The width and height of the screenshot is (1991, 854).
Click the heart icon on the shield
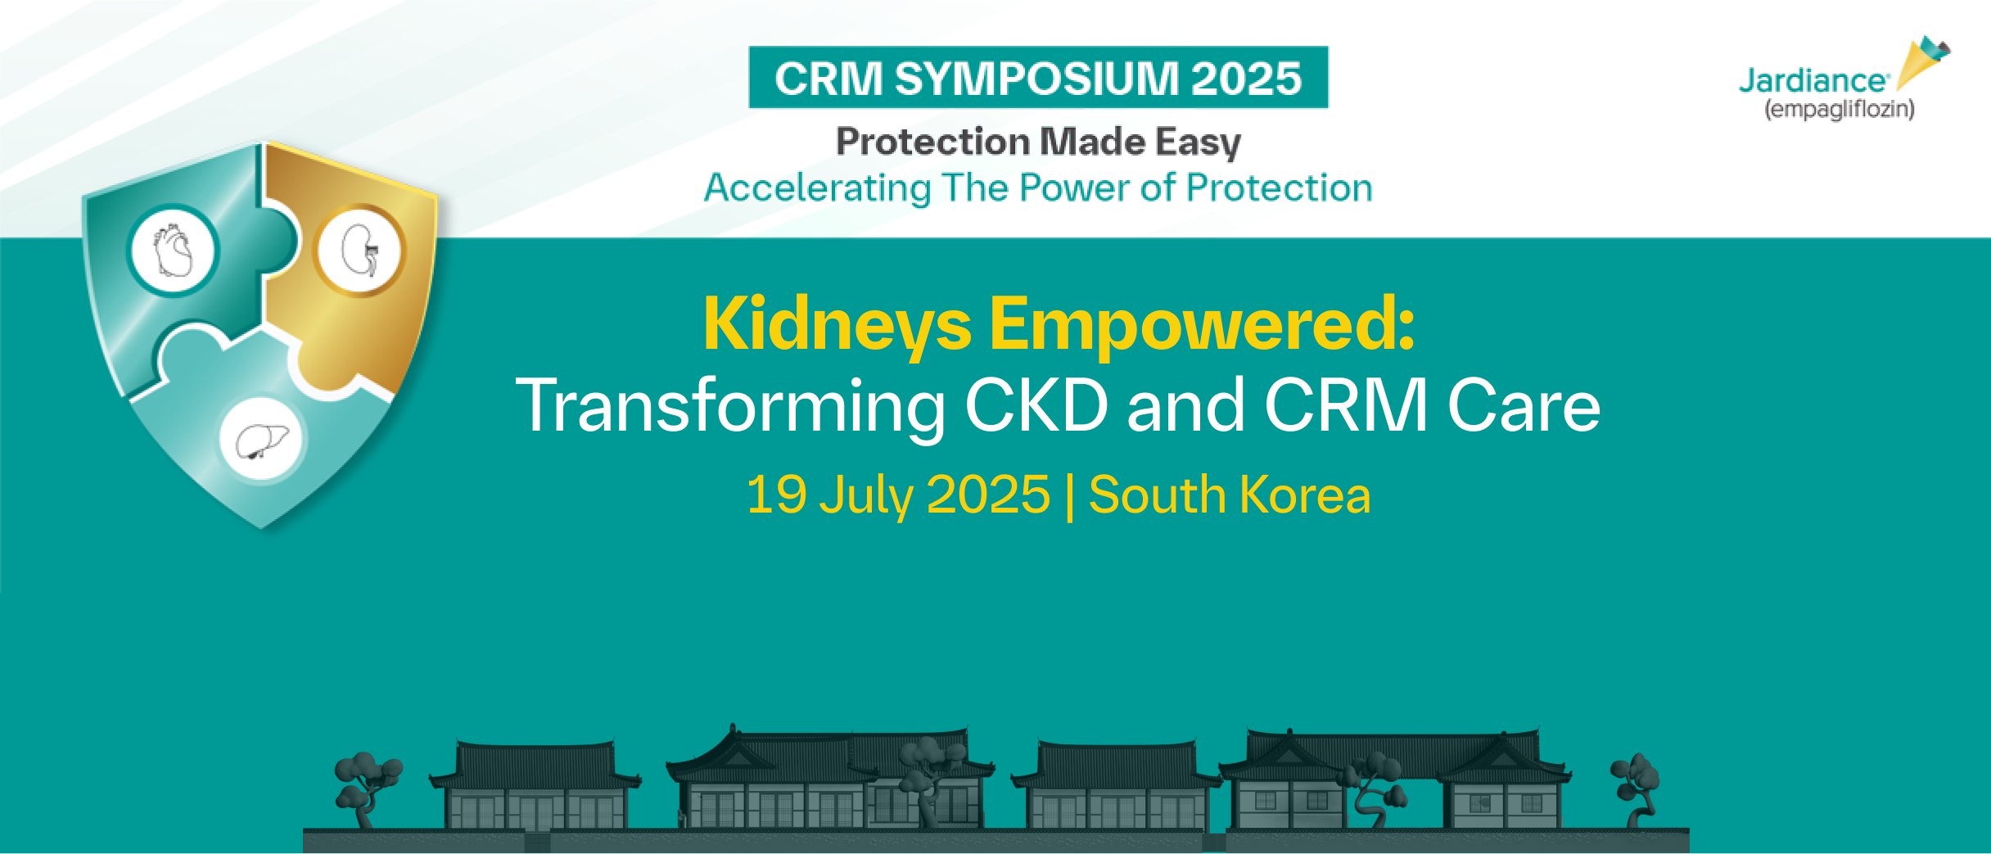[x=173, y=250]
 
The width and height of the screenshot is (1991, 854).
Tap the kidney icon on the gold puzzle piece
[x=360, y=251]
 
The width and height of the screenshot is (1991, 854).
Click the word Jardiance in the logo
[x=1813, y=81]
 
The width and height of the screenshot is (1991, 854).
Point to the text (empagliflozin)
[x=1839, y=109]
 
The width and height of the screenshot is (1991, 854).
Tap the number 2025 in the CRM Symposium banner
[x=1246, y=78]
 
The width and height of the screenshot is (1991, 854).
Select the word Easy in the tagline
[x=1199, y=142]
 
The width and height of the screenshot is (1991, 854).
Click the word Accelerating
[x=817, y=188]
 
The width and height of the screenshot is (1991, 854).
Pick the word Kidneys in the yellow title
[x=837, y=326]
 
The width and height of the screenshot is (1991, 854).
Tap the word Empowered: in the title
[x=1202, y=326]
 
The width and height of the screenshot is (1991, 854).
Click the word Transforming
[x=730, y=407]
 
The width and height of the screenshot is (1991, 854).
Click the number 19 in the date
[x=777, y=495]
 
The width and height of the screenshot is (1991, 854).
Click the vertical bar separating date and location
[x=1069, y=495]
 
